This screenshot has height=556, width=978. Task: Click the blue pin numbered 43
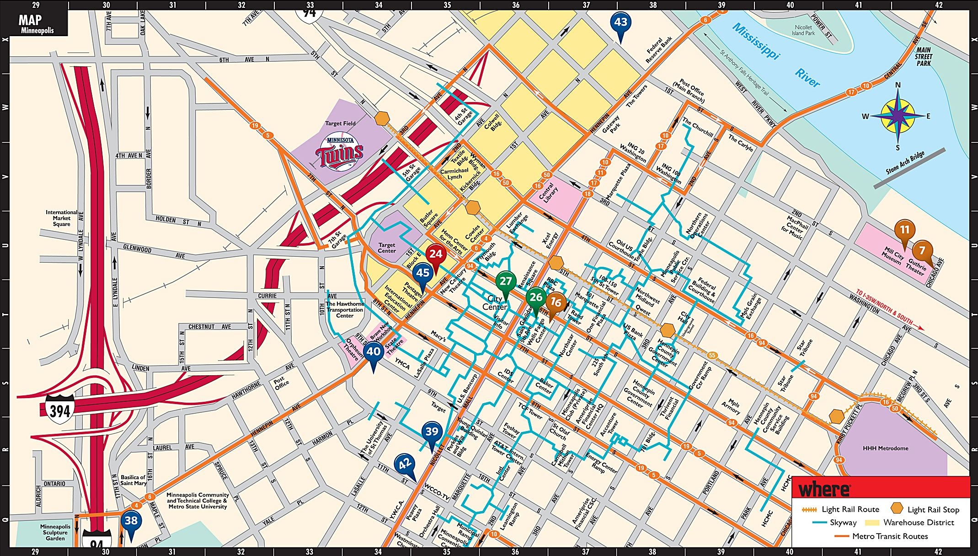pyautogui.click(x=620, y=23)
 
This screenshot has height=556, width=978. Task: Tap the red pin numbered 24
pyautogui.click(x=435, y=255)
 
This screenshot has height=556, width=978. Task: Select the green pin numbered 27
pyautogui.click(x=505, y=282)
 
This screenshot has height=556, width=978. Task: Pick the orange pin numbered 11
pyautogui.click(x=904, y=230)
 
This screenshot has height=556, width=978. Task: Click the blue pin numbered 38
pyautogui.click(x=131, y=521)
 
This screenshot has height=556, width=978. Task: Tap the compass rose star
pyautogui.click(x=897, y=116)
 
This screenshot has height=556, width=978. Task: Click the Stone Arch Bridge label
pyautogui.click(x=905, y=163)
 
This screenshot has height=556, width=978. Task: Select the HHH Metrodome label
pyautogui.click(x=885, y=448)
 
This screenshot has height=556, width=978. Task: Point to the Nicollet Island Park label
pyautogui.click(x=803, y=30)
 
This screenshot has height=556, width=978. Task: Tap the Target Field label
pyautogui.click(x=340, y=124)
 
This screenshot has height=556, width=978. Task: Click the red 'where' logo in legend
pyautogui.click(x=824, y=490)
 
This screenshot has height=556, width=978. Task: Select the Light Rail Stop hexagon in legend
pyautogui.click(x=897, y=509)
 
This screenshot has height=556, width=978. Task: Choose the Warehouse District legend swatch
pyautogui.click(x=872, y=523)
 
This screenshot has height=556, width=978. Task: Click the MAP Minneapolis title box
pyautogui.click(x=37, y=23)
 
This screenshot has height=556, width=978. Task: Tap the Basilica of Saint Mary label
pyautogui.click(x=133, y=480)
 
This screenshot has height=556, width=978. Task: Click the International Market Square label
pyautogui.click(x=61, y=218)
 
